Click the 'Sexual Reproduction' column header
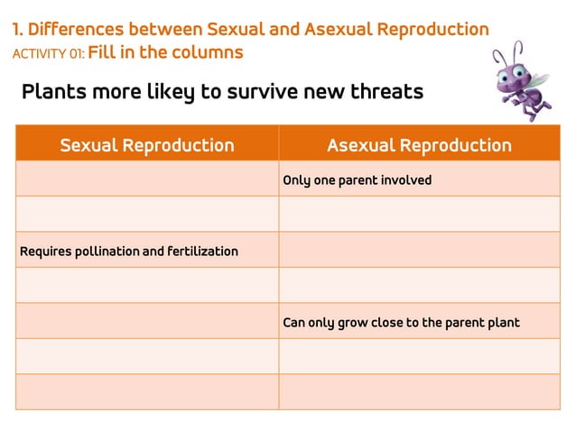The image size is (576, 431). click(147, 145)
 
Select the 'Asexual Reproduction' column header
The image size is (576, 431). click(419, 145)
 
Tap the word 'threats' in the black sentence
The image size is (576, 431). click(386, 92)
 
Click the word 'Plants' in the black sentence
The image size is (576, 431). click(52, 92)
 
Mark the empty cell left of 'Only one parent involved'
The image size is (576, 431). click(147, 179)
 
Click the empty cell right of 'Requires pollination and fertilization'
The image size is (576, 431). click(419, 251)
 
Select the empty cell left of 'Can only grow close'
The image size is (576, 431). click(147, 322)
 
